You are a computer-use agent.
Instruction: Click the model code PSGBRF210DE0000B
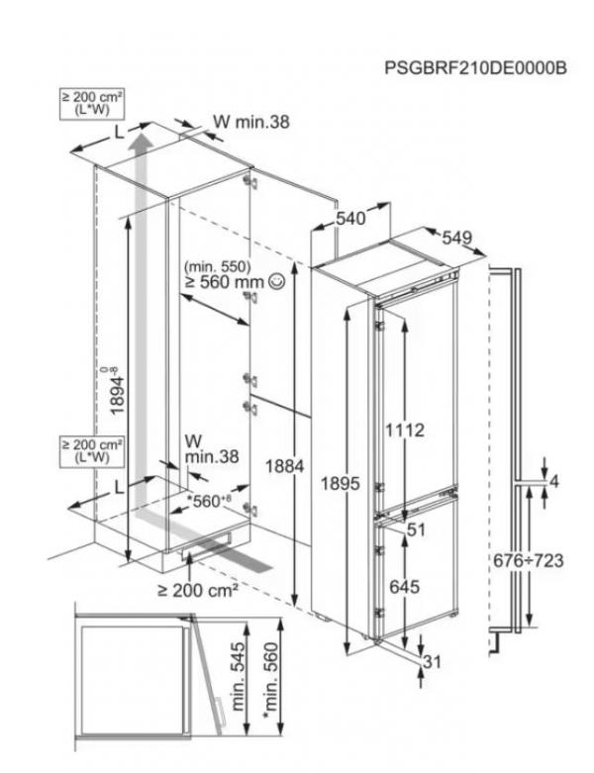tap(475, 67)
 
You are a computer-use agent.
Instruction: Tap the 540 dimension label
tap(350, 218)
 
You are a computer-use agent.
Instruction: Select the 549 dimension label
tap(457, 238)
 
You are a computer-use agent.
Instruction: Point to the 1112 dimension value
tap(404, 430)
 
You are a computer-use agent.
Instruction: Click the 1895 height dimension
tap(341, 483)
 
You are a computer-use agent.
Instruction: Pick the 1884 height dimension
tap(285, 466)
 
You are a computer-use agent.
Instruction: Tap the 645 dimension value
tap(405, 587)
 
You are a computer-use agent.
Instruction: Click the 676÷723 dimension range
tap(528, 560)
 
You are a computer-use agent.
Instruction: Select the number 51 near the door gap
tap(416, 530)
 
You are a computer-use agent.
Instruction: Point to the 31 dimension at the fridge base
tap(432, 661)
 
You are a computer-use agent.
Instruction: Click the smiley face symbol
tap(277, 281)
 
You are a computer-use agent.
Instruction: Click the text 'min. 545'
tap(238, 676)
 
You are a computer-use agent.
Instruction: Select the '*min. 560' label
tap(270, 680)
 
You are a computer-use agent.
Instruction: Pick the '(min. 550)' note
tap(218, 266)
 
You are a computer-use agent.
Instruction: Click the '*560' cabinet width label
tap(209, 501)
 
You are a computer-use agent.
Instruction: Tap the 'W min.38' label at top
tap(250, 122)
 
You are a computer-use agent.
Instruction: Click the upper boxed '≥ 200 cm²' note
tap(92, 103)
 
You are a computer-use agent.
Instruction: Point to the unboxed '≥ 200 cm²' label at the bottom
tap(198, 590)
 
